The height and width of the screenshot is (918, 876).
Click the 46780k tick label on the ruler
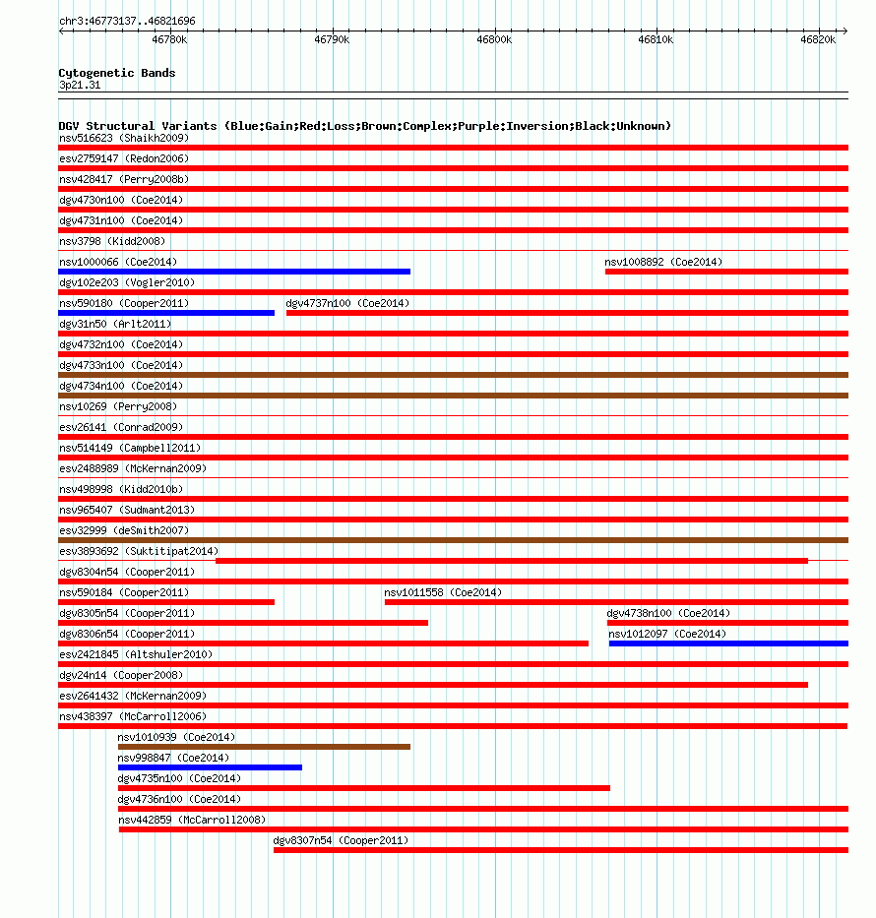(169, 39)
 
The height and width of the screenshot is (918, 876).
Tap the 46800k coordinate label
(493, 39)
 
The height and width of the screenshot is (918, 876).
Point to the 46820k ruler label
(818, 39)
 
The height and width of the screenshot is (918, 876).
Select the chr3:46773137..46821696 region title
(127, 21)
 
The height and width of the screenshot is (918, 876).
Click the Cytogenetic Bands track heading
(117, 73)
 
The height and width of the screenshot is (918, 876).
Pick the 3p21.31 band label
(80, 85)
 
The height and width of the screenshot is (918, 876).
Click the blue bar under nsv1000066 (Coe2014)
(234, 272)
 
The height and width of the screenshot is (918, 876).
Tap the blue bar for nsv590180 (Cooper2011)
(166, 313)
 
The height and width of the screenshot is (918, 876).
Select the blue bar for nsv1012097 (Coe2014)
(728, 643)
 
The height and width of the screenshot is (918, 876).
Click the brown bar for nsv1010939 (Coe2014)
(264, 747)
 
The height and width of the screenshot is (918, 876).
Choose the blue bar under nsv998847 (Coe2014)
(210, 767)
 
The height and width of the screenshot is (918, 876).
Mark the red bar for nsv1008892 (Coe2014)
(726, 272)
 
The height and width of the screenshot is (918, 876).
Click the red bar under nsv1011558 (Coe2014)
(616, 602)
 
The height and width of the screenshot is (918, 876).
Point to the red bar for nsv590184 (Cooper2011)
(166, 602)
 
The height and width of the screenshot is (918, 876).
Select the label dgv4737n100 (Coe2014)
(347, 303)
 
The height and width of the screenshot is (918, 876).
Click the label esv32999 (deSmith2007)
(124, 530)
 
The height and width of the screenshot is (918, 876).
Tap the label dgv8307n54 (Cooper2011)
(341, 840)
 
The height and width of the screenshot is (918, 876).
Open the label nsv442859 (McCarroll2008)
(192, 820)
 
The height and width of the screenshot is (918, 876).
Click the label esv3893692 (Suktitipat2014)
(139, 551)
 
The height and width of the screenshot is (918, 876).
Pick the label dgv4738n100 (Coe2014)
(668, 613)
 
